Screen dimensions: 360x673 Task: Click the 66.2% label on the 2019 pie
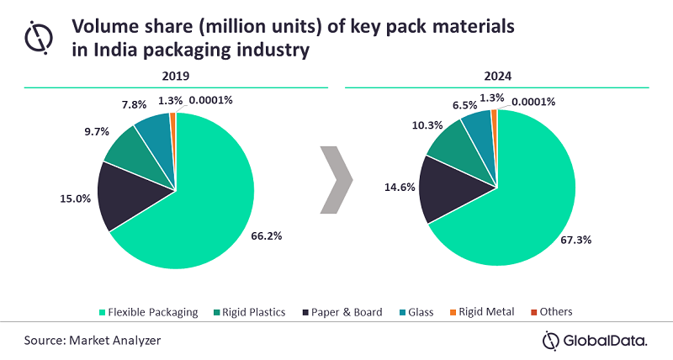268,237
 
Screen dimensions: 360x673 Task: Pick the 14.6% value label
400,189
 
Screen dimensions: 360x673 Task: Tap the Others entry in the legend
552,312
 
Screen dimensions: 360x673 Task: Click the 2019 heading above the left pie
176,75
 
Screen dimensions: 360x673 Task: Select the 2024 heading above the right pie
498,75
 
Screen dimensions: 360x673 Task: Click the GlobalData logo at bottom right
595,341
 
